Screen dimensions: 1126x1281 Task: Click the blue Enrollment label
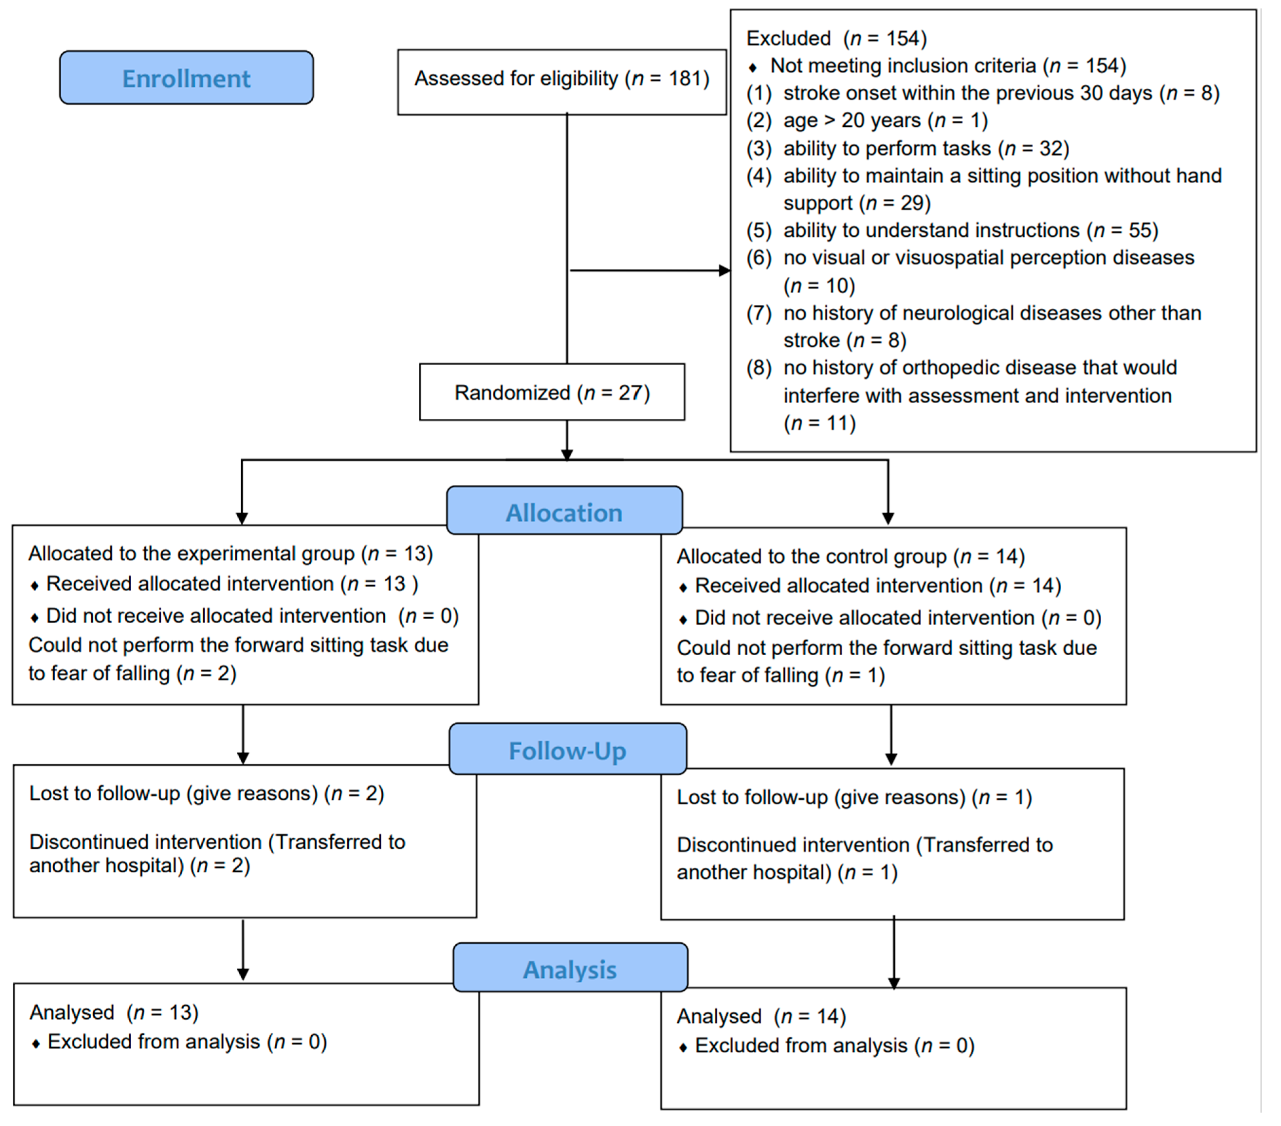(186, 78)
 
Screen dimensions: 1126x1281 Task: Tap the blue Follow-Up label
(567, 750)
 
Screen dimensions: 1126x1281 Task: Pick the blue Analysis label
(570, 969)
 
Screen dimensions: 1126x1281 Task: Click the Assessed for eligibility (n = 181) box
(561, 80)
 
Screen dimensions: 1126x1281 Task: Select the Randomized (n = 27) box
(552, 392)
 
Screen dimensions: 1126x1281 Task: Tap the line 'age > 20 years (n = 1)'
(885, 120)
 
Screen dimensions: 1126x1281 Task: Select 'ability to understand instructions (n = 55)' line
(970, 230)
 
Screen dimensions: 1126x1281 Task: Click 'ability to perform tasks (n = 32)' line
(926, 149)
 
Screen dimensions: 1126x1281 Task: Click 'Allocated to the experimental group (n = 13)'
(230, 553)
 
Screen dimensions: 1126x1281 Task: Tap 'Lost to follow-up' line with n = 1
(853, 797)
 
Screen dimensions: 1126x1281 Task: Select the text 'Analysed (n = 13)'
(114, 1012)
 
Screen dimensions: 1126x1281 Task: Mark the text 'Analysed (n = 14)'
(761, 1016)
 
